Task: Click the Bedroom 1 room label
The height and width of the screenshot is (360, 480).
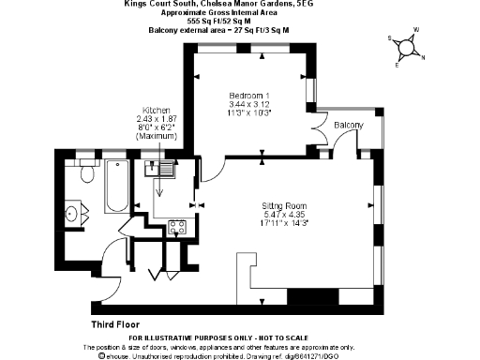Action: [250, 95]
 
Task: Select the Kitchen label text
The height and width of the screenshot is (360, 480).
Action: [156, 110]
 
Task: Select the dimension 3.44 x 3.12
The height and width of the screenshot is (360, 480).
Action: [250, 104]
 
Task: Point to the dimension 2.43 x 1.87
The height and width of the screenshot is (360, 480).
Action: [156, 119]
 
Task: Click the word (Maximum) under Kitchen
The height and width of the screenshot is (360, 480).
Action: [156, 137]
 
